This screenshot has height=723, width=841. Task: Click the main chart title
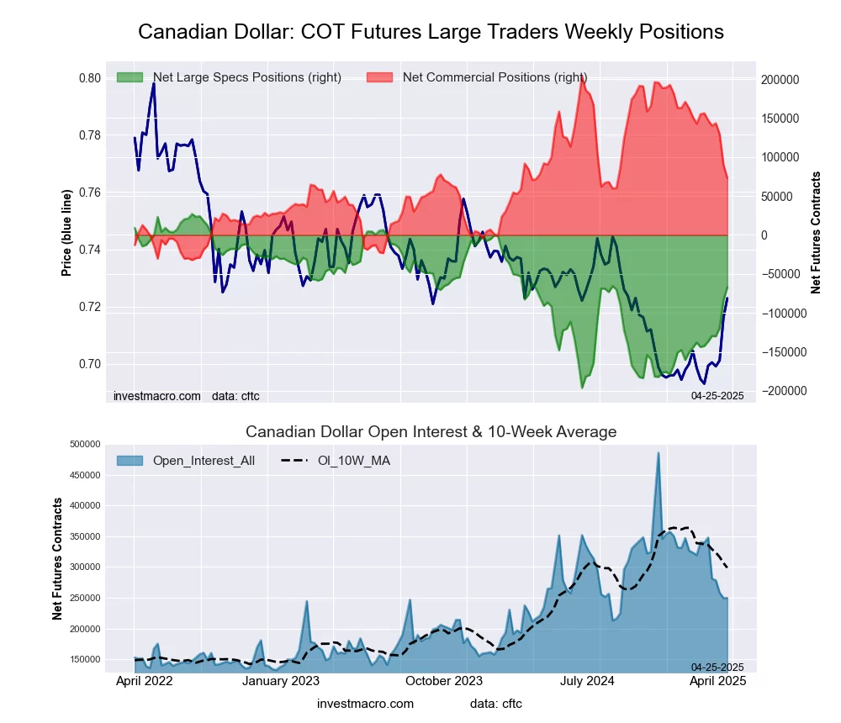coord(431,32)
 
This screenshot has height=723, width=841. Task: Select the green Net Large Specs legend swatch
coord(130,77)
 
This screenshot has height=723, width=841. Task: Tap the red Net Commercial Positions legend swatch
coord(380,77)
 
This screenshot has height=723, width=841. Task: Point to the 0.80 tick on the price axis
coord(88,78)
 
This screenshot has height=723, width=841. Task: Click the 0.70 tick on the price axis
coord(88,364)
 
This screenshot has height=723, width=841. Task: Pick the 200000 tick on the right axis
coord(780,79)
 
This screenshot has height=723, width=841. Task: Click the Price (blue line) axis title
coord(66,233)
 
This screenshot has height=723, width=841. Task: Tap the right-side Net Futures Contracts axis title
coord(815,233)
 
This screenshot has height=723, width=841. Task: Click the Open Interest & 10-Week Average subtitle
coord(431,432)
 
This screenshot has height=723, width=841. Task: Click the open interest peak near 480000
coord(659,453)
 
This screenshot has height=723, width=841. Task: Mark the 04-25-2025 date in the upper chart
coord(717,395)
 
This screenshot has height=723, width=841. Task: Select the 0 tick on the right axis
coord(765,235)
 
